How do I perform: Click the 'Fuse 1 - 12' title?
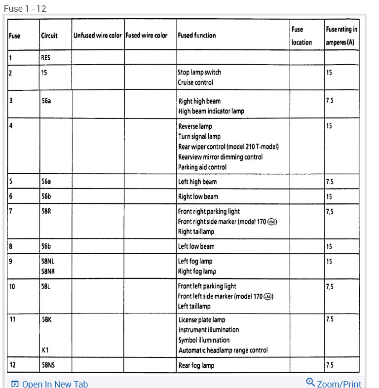[25, 9]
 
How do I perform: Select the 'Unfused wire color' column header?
[97, 36]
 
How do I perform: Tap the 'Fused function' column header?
[196, 36]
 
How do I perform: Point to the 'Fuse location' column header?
[301, 36]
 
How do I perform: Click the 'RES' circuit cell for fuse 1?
[46, 57]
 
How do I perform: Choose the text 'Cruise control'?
[195, 82]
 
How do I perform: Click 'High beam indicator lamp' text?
[211, 111]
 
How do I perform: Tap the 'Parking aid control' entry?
[202, 167]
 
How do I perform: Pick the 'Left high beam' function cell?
[197, 182]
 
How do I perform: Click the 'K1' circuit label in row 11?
[45, 350]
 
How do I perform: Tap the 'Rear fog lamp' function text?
[196, 366]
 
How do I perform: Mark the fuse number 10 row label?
[12, 286]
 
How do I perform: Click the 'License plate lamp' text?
[202, 320]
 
